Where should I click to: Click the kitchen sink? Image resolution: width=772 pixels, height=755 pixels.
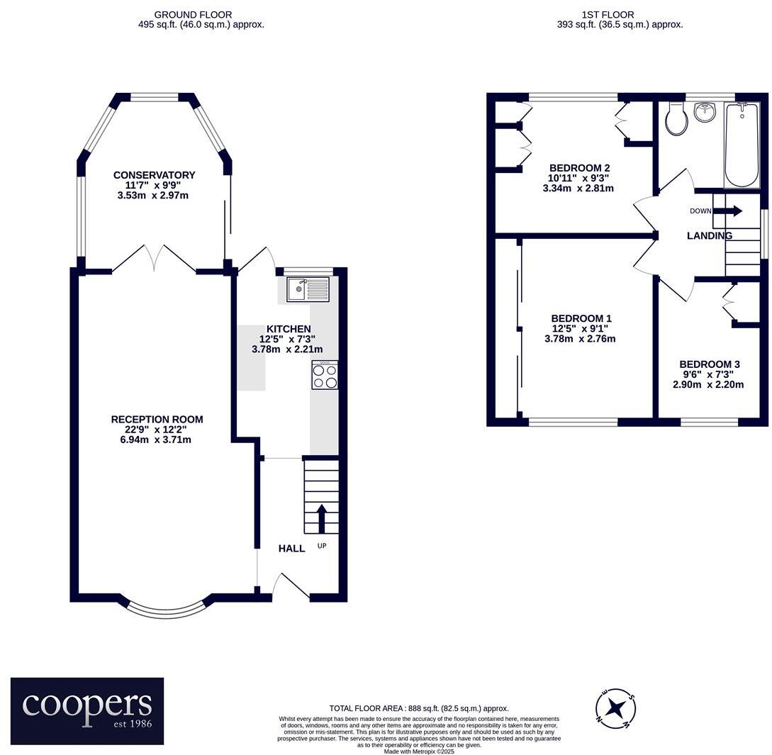[308, 289]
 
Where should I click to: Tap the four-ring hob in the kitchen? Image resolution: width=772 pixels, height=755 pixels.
[325, 375]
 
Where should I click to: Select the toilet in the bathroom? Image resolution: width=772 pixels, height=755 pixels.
[676, 119]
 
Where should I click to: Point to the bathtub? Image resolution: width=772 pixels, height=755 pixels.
[742, 145]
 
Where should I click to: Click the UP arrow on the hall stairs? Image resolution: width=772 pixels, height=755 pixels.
[322, 518]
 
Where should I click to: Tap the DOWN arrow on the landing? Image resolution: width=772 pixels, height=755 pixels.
[727, 211]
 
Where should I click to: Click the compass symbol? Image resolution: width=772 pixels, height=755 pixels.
[615, 708]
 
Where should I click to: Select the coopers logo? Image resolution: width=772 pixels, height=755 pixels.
[87, 710]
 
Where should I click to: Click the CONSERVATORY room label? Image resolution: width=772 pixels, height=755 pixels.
[154, 175]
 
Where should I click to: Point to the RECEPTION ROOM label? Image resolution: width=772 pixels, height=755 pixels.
[157, 419]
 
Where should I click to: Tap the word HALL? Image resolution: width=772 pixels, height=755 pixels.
[291, 548]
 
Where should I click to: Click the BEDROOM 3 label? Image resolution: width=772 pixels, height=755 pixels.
[710, 364]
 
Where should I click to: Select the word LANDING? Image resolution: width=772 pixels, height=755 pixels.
[710, 235]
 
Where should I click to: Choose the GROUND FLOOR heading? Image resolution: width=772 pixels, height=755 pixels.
[193, 15]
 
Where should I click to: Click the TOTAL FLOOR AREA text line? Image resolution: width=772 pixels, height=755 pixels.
[419, 708]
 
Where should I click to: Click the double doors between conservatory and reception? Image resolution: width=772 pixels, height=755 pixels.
[154, 259]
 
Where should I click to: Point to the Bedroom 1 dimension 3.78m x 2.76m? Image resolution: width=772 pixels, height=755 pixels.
[580, 338]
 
